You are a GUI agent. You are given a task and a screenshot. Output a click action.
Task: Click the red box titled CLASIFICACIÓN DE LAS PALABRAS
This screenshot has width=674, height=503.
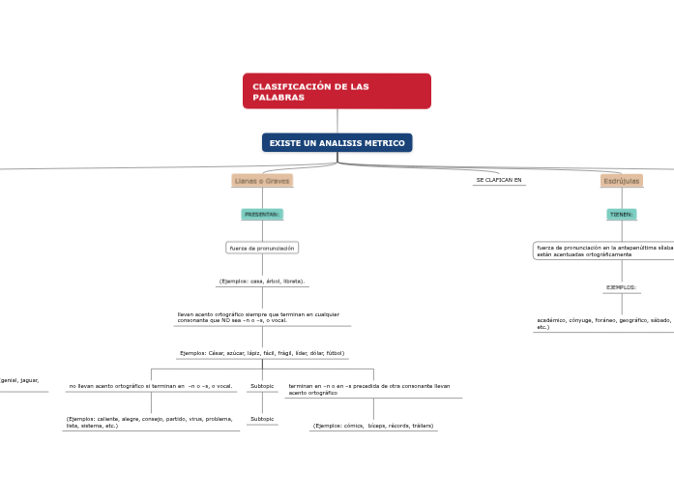click(x=337, y=91)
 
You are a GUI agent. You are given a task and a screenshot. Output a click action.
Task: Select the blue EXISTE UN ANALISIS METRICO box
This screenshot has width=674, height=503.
click(x=337, y=143)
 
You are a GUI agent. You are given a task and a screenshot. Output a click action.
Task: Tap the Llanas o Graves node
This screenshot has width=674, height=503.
click(x=262, y=181)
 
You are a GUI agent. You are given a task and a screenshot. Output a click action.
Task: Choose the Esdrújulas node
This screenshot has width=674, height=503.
click(x=621, y=181)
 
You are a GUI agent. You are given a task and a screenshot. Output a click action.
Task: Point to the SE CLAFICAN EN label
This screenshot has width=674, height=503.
click(x=499, y=180)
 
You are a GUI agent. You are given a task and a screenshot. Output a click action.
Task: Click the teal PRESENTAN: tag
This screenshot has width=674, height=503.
click(x=262, y=214)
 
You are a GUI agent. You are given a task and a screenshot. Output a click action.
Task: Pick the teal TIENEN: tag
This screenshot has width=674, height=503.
click(x=621, y=214)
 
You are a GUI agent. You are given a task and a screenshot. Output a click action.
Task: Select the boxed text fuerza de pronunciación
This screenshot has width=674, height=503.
click(x=262, y=248)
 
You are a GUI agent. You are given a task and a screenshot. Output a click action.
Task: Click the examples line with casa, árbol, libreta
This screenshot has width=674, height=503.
click(x=262, y=281)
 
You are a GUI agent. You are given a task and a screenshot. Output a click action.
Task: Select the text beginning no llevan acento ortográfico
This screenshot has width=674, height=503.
click(x=151, y=386)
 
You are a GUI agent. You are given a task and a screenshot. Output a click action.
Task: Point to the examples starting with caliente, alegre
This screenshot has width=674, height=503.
click(x=150, y=422)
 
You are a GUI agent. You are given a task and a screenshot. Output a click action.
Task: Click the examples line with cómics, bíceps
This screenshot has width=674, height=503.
click(x=373, y=426)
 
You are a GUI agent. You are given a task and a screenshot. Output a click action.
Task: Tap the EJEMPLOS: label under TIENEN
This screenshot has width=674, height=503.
click(x=621, y=287)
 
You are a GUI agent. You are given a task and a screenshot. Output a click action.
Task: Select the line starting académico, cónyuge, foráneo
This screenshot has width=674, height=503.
click(x=604, y=322)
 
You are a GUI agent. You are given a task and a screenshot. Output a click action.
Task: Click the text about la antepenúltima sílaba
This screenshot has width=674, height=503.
click(x=604, y=251)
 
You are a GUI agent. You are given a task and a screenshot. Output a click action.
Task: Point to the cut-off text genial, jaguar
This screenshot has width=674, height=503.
click(x=19, y=380)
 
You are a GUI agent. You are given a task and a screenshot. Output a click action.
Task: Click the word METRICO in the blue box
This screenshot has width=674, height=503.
click(x=385, y=143)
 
